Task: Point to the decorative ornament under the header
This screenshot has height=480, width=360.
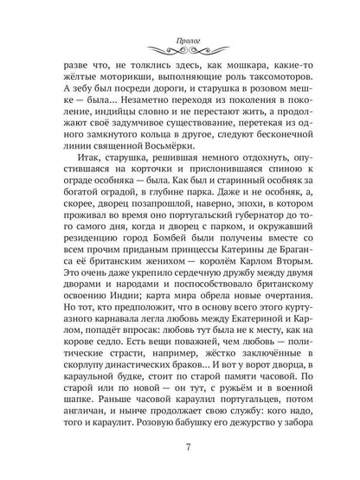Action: [180, 30]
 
